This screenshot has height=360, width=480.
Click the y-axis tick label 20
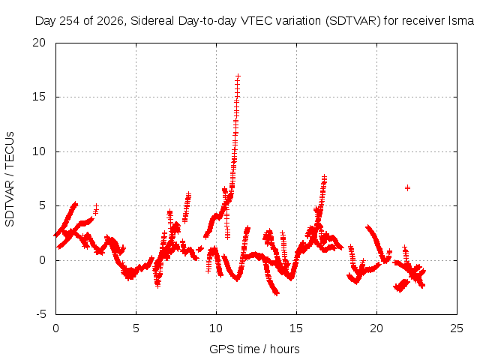coord(39,43)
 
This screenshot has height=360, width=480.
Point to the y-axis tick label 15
coord(39,97)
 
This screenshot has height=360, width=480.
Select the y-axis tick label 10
coord(39,151)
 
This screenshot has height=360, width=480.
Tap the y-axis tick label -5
coord(41,314)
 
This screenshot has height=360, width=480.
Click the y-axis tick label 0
coord(42,260)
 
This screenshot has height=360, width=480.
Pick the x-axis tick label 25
coord(457,328)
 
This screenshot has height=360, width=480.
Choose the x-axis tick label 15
coord(296,328)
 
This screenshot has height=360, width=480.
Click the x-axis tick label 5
coord(136,328)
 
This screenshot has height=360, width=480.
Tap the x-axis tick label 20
coord(376,328)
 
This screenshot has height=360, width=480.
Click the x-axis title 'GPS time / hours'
coord(254,349)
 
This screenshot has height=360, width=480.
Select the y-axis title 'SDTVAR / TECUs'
coord(10,179)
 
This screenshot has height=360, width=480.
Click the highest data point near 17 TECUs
coord(238,76)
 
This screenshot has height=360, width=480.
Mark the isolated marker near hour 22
coord(407,188)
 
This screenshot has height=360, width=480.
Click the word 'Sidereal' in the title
coord(152,21)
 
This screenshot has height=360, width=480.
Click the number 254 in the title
coord(70,21)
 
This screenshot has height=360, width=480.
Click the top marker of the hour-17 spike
coord(325,177)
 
